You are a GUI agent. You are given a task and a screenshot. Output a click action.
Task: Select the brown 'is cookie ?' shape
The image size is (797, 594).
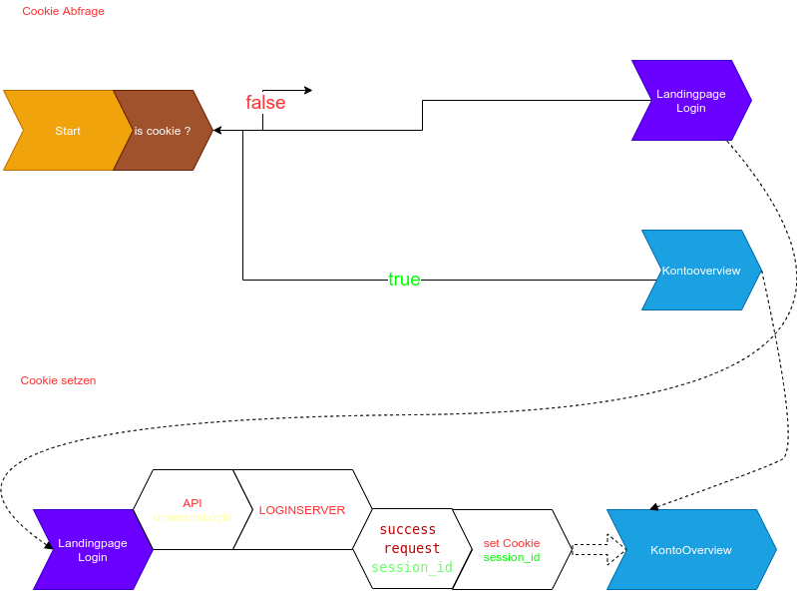click(x=163, y=131)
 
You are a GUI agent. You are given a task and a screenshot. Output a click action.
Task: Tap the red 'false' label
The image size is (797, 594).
click(x=265, y=103)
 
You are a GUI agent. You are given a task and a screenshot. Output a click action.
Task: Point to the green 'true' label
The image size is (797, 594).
click(x=404, y=280)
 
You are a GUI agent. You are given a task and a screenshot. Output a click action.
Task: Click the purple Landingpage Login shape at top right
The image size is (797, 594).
click(x=690, y=101)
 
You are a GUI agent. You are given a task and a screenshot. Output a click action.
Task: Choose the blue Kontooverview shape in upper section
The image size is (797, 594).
click(x=701, y=271)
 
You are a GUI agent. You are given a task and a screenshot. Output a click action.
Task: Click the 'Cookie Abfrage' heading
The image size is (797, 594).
click(x=63, y=11)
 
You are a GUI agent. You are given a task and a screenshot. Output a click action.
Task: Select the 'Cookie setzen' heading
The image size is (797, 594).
click(x=58, y=380)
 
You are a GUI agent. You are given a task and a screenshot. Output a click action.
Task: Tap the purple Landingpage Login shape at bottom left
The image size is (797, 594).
click(x=92, y=550)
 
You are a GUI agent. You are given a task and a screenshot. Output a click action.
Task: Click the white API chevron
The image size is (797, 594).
click(x=192, y=509)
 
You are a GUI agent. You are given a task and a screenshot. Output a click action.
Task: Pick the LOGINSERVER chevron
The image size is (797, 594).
click(x=301, y=510)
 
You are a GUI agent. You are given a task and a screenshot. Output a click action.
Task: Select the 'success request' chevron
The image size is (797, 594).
click(x=411, y=549)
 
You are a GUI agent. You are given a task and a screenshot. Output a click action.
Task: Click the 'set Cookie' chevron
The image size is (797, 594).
click(x=512, y=550)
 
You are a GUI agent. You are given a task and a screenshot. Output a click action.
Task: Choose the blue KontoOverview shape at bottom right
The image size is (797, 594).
click(x=691, y=550)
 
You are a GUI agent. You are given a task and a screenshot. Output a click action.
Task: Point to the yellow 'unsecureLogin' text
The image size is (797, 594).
click(x=193, y=517)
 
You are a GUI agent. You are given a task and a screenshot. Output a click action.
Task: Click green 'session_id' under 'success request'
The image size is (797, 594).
click(x=412, y=567)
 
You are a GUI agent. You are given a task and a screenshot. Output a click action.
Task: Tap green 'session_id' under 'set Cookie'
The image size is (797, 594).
click(x=512, y=557)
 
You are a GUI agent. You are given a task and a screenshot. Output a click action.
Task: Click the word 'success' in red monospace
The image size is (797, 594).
click(x=408, y=530)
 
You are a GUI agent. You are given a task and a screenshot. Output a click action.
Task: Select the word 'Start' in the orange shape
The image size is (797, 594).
click(x=68, y=131)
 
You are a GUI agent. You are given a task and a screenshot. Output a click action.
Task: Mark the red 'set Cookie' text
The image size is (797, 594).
click(x=512, y=543)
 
